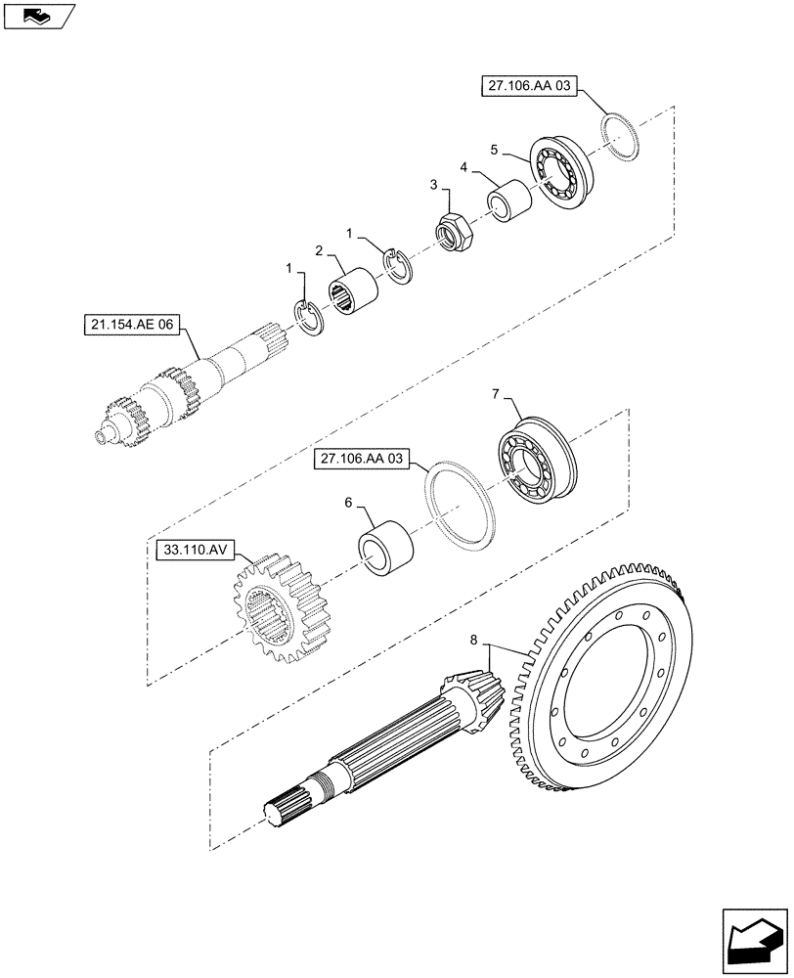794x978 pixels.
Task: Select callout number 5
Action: [495, 150]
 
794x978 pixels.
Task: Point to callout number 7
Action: [496, 393]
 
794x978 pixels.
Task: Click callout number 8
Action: [474, 641]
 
